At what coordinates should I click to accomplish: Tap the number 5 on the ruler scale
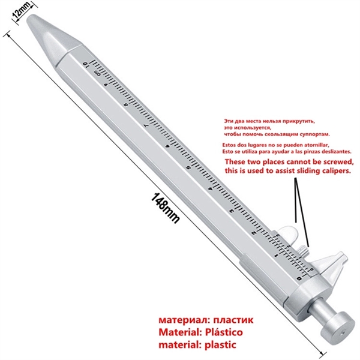tap(190, 167)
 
